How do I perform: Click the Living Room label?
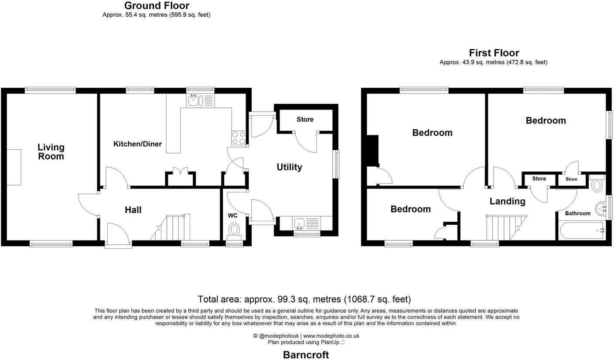point(51,152)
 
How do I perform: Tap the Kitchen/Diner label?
point(137,144)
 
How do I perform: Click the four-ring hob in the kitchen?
point(239,138)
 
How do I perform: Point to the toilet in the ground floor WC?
point(235,230)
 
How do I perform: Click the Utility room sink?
point(300,224)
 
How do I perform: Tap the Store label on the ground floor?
point(305,120)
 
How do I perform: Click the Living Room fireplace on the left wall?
point(14,167)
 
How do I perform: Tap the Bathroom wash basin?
point(602,209)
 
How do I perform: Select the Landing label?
point(507,201)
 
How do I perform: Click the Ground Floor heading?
point(157,6)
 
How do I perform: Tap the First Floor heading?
point(494,53)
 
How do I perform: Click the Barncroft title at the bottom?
point(306,355)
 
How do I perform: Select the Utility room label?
point(289,167)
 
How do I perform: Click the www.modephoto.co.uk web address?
point(331,336)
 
